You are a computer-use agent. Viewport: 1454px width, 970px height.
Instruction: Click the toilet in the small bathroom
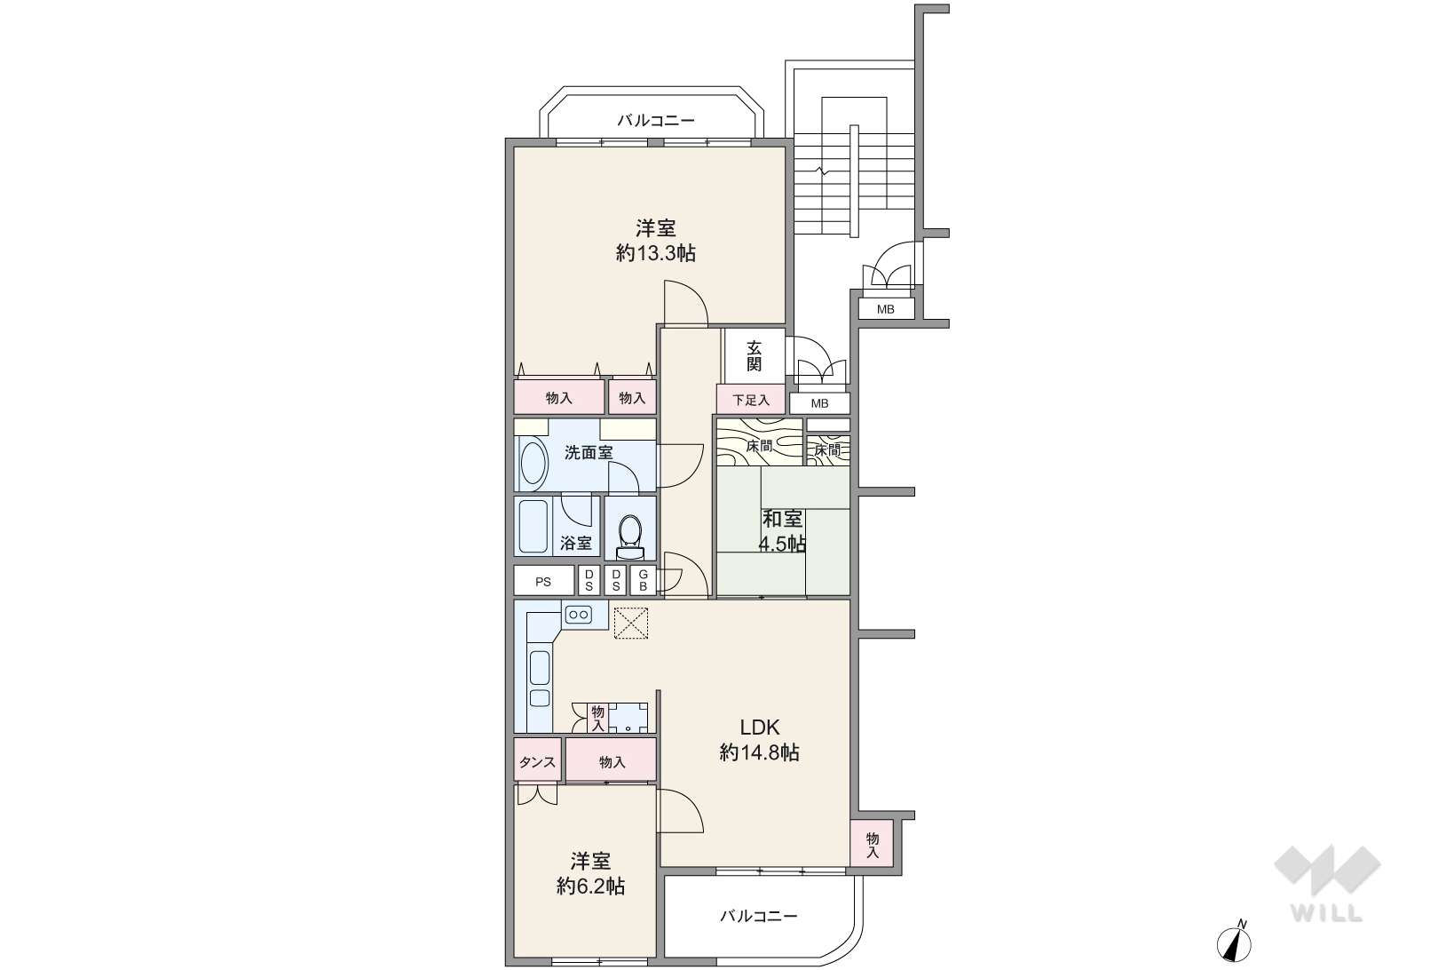(x=629, y=537)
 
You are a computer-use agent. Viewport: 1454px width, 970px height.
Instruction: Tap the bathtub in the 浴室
(x=533, y=526)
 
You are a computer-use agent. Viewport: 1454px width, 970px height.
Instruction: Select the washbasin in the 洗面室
(x=533, y=464)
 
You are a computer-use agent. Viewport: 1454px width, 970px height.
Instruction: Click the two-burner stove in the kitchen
(x=578, y=614)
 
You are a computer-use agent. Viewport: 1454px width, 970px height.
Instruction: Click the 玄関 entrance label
(x=754, y=356)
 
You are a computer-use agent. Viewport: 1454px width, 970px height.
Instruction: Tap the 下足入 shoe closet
(x=751, y=399)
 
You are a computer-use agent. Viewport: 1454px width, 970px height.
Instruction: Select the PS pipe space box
(x=544, y=581)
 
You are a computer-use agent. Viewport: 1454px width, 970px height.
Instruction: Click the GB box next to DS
(x=644, y=581)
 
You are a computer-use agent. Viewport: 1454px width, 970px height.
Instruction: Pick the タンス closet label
(x=537, y=762)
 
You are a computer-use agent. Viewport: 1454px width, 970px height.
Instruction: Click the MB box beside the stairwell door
(x=886, y=308)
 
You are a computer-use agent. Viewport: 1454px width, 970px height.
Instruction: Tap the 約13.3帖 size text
(x=656, y=253)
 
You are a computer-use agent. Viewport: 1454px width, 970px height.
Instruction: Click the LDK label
(x=760, y=727)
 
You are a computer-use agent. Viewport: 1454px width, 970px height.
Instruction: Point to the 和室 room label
(x=783, y=519)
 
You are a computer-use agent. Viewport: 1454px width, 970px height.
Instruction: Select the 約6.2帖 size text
(x=590, y=887)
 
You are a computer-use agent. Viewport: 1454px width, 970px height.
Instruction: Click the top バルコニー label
(x=656, y=120)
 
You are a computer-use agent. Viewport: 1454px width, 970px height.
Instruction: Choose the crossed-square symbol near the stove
(x=631, y=623)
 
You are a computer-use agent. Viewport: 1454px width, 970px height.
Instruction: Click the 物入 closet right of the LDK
(x=872, y=844)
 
